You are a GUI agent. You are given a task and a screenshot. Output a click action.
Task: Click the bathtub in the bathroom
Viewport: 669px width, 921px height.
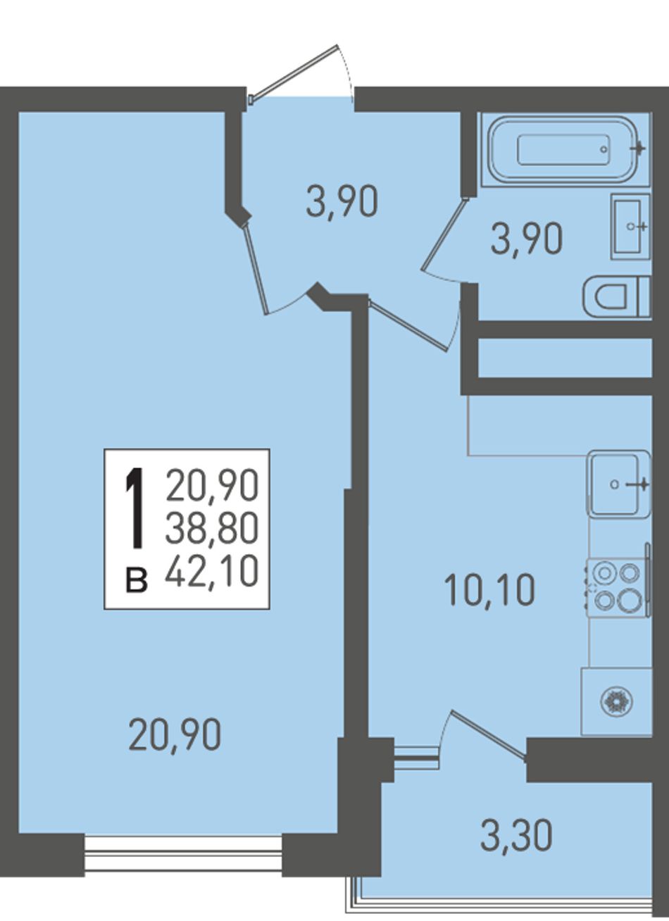click(564, 150)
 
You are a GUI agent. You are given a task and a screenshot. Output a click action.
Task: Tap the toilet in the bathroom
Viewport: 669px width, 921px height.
click(616, 296)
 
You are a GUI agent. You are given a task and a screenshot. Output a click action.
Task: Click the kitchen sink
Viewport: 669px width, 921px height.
click(620, 484)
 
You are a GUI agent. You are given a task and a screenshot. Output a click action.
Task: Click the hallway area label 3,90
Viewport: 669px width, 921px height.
click(342, 202)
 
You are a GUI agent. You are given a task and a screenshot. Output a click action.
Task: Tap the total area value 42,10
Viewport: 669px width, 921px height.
click(212, 571)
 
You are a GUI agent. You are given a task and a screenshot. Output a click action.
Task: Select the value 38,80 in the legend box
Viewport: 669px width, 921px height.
click(212, 527)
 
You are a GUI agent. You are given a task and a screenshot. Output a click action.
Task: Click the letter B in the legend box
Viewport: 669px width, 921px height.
click(136, 581)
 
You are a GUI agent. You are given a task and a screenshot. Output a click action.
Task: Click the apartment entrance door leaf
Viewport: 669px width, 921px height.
click(294, 73)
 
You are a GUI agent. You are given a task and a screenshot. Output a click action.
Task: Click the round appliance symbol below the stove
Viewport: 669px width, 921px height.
click(617, 701)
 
